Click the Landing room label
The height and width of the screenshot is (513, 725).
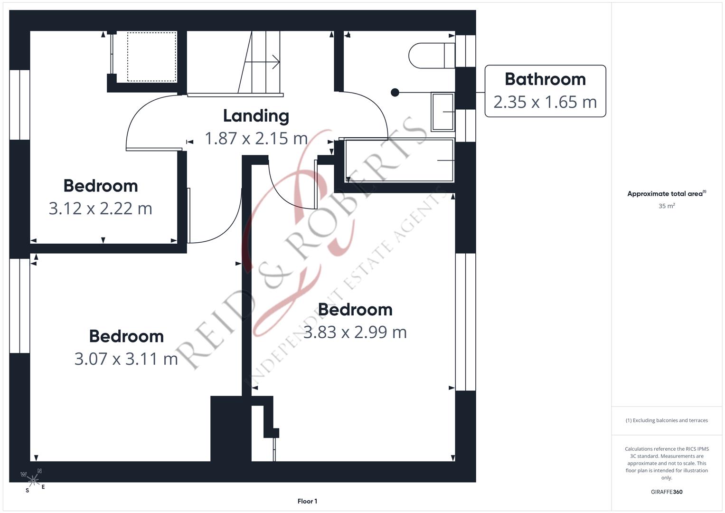256,116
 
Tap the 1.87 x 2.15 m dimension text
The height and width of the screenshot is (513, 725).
256,139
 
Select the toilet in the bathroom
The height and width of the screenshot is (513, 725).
432,56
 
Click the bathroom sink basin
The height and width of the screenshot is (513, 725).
443,112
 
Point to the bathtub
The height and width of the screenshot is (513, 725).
399,161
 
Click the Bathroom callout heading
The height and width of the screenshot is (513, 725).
545,79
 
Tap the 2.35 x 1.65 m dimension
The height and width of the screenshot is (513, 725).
545,102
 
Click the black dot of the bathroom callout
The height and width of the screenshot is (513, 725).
395,93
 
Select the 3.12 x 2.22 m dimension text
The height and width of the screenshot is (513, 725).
100,209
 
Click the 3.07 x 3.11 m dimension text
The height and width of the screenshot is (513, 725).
126,359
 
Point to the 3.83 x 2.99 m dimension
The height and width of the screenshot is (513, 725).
355,332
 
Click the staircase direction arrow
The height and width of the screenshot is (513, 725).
263,62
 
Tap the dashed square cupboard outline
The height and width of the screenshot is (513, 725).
152,57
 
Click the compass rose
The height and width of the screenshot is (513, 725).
33,480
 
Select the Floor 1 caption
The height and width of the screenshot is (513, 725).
307,501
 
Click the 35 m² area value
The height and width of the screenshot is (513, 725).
667,206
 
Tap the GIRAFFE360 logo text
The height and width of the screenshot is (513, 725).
667,492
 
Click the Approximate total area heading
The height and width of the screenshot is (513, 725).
667,194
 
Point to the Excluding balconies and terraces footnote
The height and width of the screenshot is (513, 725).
667,420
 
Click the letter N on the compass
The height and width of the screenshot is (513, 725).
39,471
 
